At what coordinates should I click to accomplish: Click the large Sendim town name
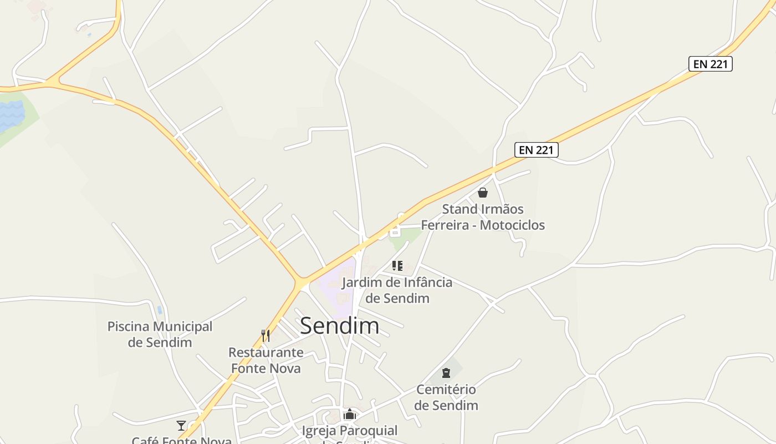pyautogui.click(x=339, y=326)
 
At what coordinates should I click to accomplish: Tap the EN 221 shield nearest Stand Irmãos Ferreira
pyautogui.click(x=536, y=149)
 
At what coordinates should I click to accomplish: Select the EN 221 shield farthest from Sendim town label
pyautogui.click(x=710, y=64)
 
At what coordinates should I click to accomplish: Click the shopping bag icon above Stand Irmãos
pyautogui.click(x=483, y=193)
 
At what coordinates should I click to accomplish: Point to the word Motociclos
pyautogui.click(x=512, y=225)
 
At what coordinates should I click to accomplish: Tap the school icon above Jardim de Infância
pyautogui.click(x=397, y=266)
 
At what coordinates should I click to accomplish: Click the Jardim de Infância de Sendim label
pyautogui.click(x=397, y=290)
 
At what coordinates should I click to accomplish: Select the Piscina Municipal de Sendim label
pyautogui.click(x=160, y=334)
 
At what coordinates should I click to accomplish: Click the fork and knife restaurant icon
pyautogui.click(x=266, y=335)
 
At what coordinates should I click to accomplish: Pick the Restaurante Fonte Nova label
pyautogui.click(x=266, y=360)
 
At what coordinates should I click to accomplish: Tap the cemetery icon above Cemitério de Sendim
pyautogui.click(x=446, y=372)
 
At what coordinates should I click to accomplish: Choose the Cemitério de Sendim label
pyautogui.click(x=446, y=397)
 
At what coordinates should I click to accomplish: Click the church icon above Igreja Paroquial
pyautogui.click(x=349, y=415)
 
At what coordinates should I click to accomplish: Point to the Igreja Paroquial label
pyautogui.click(x=349, y=431)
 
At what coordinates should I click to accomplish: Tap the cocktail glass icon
pyautogui.click(x=181, y=426)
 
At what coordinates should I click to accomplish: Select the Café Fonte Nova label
pyautogui.click(x=181, y=440)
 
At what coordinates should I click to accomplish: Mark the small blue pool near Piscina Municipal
pyautogui.click(x=160, y=310)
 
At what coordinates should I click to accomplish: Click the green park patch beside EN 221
pyautogui.click(x=405, y=237)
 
